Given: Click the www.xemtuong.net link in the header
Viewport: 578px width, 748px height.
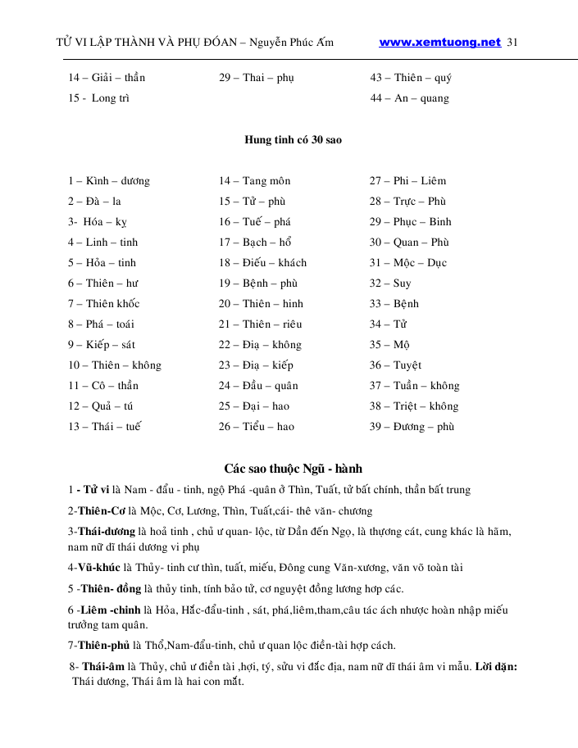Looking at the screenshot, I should [439, 43].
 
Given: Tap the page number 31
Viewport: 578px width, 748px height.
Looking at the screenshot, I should [514, 43].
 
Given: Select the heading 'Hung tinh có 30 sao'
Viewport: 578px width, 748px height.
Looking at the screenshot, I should [293, 140].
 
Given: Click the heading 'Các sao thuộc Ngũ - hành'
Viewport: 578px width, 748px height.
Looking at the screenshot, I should [293, 469].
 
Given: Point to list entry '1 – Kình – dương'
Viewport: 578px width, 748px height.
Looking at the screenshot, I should [109, 181].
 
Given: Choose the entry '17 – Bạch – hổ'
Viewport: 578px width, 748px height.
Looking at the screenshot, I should [255, 243].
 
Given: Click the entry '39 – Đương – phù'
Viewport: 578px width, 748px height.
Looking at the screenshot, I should [412, 427].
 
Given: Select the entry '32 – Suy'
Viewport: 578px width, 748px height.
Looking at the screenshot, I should [390, 283].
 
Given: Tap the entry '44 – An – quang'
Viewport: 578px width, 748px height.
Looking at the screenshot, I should [410, 99].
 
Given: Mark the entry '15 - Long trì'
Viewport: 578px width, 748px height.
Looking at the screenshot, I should [99, 99].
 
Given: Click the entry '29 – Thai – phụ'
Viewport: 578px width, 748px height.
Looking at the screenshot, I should [256, 79].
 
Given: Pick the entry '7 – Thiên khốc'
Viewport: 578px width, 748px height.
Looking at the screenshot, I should [104, 304].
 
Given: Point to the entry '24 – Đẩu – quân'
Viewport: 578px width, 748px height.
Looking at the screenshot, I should [258, 386].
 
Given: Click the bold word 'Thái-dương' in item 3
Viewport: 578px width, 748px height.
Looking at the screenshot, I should [107, 532].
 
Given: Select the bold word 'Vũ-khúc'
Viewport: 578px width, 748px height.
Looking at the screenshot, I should [99, 568].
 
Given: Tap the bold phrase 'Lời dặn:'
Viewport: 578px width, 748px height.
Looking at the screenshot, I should [495, 667].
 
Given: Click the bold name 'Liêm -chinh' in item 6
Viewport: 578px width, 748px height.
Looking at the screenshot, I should [112, 610].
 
